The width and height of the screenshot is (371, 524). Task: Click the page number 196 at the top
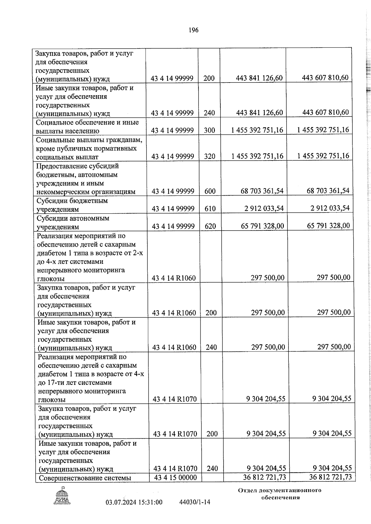tap(193, 30)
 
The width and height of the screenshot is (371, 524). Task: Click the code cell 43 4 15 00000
tap(175, 486)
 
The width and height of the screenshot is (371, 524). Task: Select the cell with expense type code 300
tap(210, 130)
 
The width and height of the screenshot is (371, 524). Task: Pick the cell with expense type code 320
tap(210, 156)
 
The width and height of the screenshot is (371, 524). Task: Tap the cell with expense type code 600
tap(210, 191)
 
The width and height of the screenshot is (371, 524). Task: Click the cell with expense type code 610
tap(210, 209)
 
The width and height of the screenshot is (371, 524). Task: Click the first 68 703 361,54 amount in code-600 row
tap(262, 191)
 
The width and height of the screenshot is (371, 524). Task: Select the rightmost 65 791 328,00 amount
tap(328, 226)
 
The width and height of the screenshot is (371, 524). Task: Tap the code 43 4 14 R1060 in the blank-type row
tap(174, 278)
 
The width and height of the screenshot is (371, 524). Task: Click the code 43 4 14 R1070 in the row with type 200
tap(175, 434)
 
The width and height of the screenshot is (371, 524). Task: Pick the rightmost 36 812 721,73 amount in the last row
tap(330, 486)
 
